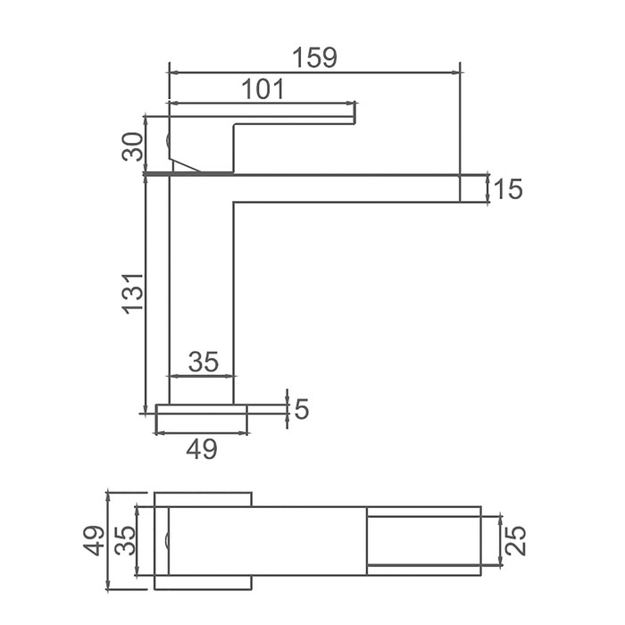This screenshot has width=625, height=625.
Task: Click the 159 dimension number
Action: [314, 57]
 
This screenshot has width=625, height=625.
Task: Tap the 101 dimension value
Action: [262, 89]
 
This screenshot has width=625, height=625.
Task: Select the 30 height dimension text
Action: [133, 146]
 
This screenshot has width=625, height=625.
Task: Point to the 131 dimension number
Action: [133, 294]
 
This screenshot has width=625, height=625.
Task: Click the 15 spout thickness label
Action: [507, 188]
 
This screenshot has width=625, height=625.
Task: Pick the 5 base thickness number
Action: [302, 409]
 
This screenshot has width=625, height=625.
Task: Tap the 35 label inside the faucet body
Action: [204, 362]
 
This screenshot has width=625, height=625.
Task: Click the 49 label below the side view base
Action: [202, 449]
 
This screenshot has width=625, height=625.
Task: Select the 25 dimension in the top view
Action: [516, 541]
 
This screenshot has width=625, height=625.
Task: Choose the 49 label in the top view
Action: [94, 540]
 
